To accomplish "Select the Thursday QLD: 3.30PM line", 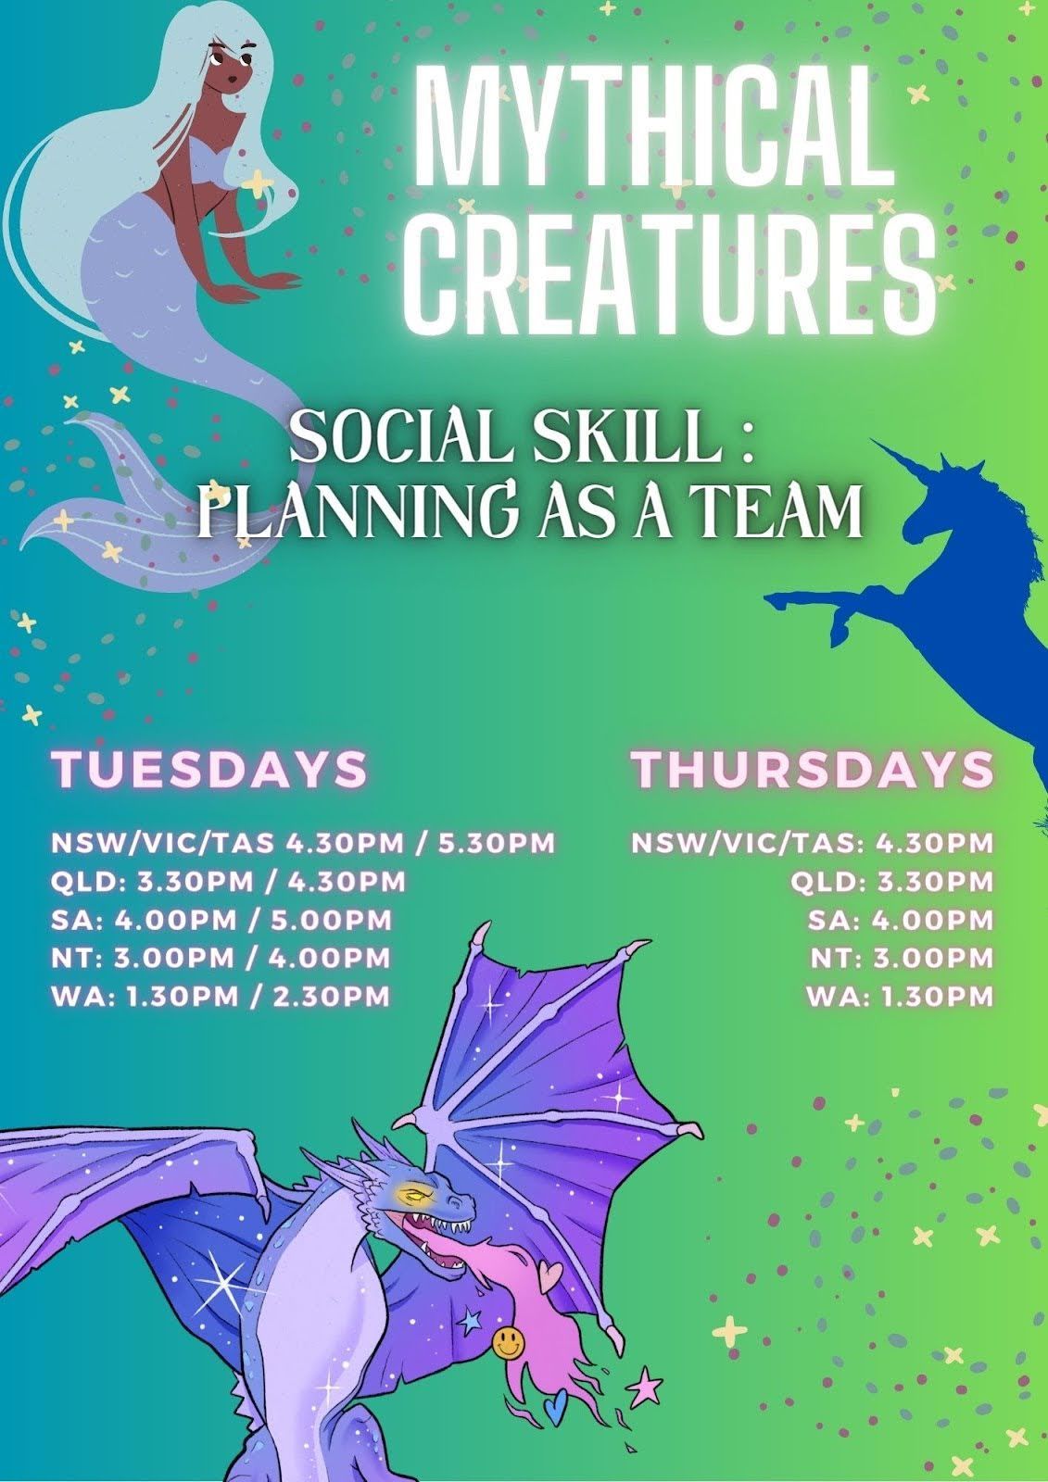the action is (x=891, y=881).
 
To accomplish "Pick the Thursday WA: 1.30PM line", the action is (x=901, y=997).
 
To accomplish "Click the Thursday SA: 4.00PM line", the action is (x=901, y=920).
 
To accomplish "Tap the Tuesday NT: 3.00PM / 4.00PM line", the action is (x=221, y=958).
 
